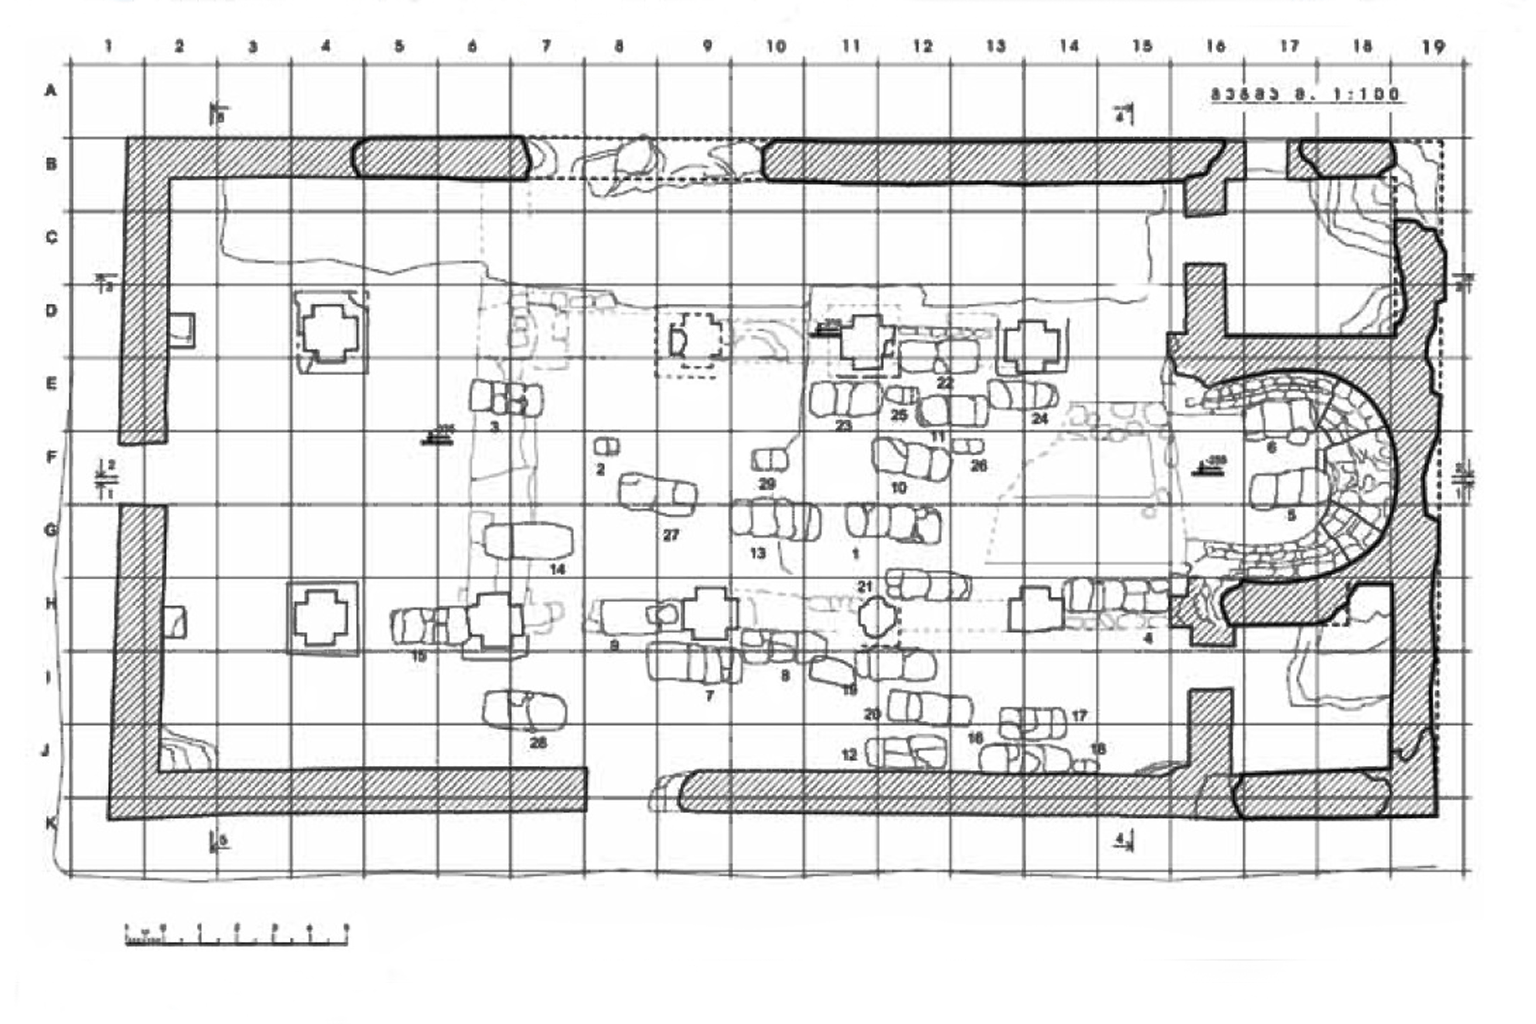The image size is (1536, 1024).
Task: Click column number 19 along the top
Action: click(1434, 47)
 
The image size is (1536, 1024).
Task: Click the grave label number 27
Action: click(671, 535)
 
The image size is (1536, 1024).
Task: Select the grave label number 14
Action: click(557, 569)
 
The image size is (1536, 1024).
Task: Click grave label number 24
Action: click(1039, 419)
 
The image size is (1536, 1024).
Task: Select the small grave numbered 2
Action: click(606, 447)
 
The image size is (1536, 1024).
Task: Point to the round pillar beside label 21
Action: click(877, 616)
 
